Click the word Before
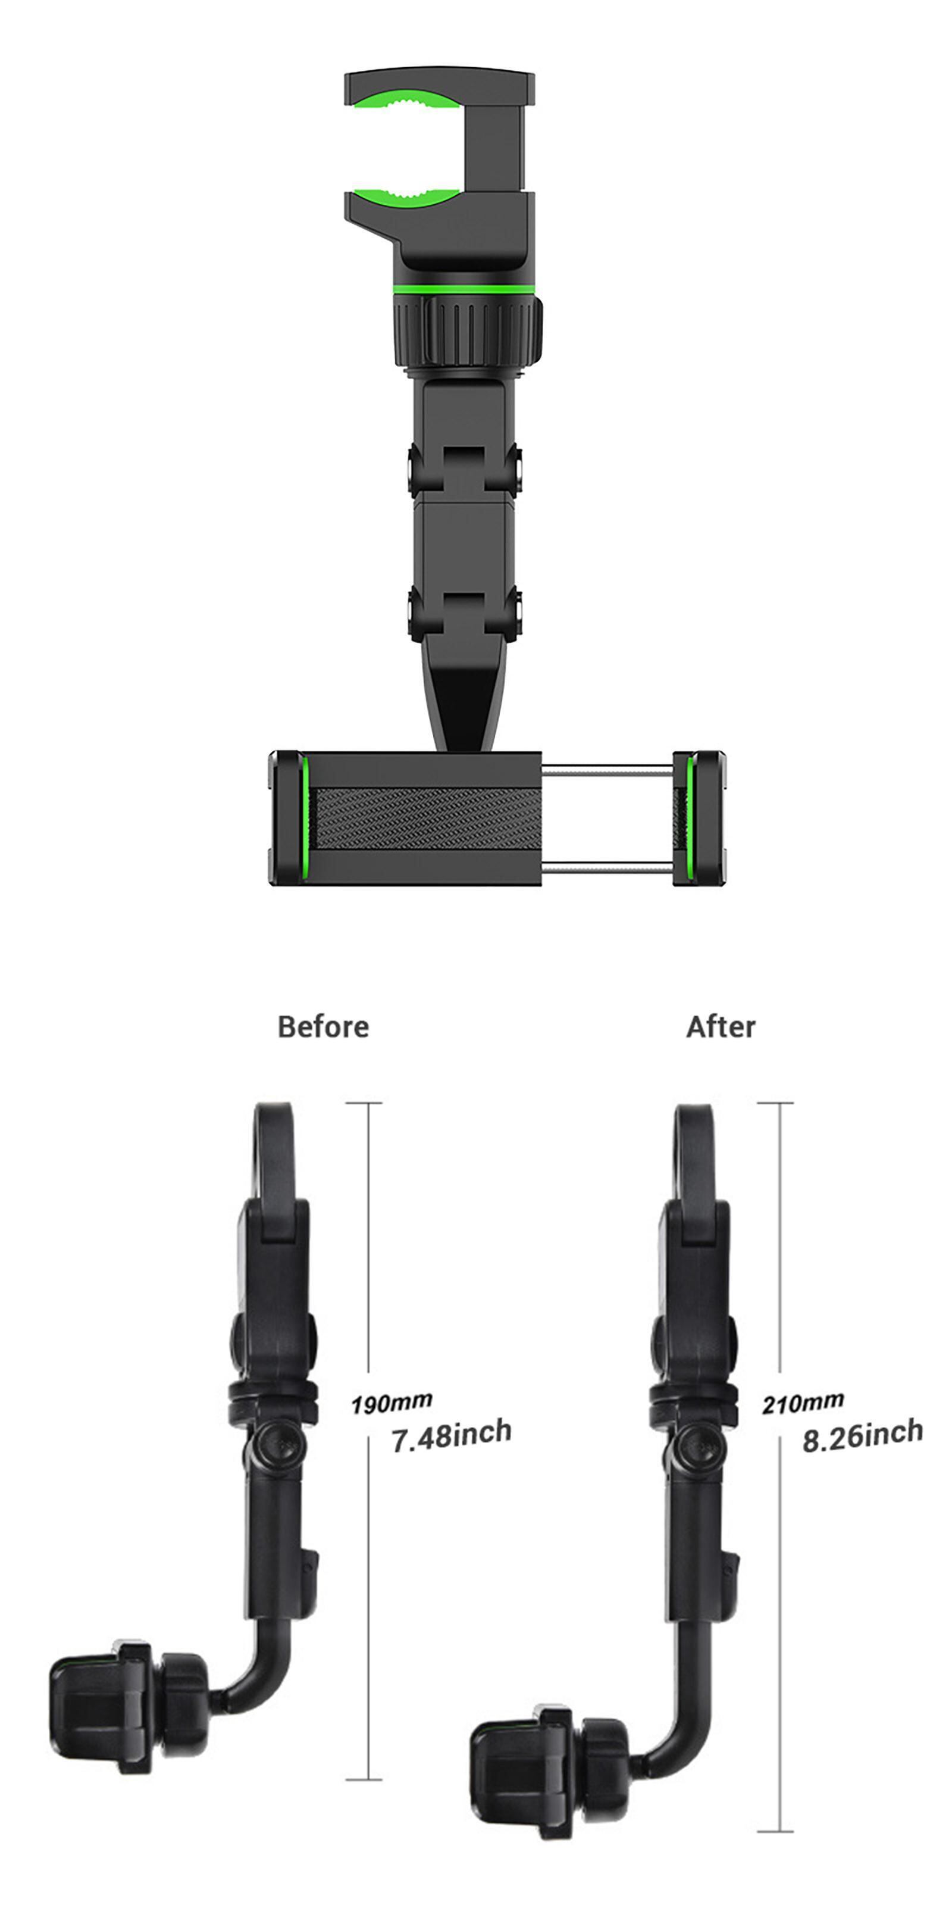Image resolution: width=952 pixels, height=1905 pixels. tap(323, 1026)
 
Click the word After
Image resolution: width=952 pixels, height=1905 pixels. tap(721, 1026)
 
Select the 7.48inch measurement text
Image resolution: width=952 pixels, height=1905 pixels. tap(451, 1436)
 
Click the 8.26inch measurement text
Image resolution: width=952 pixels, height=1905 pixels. tap(863, 1435)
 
